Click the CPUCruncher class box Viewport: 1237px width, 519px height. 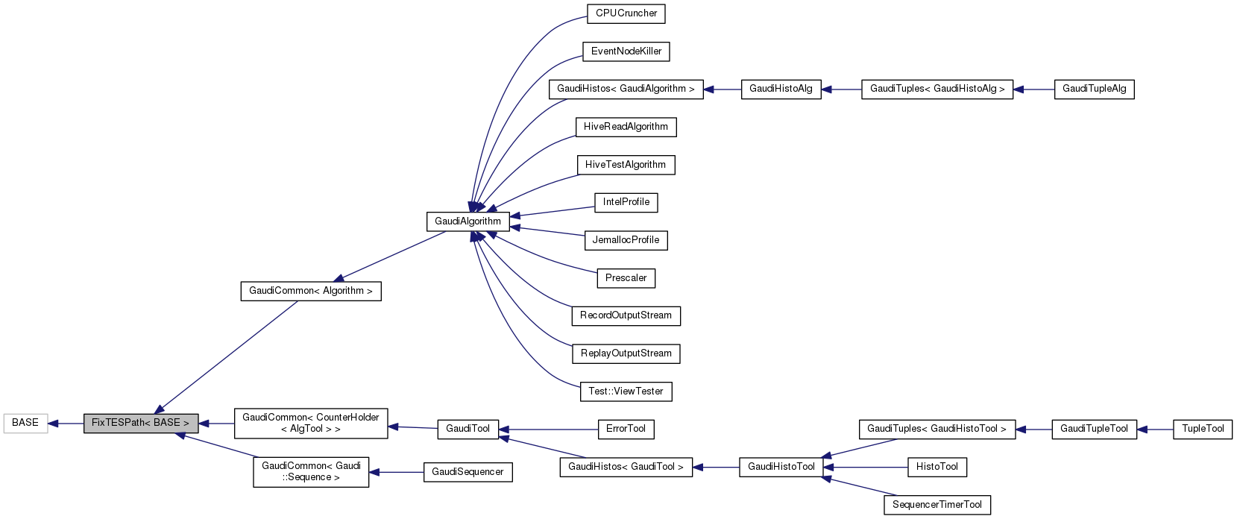[626, 13]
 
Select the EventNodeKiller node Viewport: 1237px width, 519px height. [626, 51]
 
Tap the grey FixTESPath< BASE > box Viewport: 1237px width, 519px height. [140, 423]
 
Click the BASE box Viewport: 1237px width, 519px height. [25, 423]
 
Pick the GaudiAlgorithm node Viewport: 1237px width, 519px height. [468, 221]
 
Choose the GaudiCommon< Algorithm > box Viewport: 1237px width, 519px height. [310, 291]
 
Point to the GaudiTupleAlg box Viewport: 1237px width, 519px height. [1094, 89]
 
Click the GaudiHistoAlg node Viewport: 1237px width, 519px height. [781, 89]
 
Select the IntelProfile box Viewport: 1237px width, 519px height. [626, 202]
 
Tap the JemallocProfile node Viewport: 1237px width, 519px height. [626, 240]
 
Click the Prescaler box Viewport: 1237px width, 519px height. [626, 278]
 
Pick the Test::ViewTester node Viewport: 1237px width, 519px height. [626, 391]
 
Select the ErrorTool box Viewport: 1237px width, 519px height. [626, 429]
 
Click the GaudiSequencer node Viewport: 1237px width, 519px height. [468, 472]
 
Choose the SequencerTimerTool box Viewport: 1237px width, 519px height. [937, 505]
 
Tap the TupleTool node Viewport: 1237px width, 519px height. [1203, 429]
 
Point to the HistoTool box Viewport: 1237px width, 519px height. [937, 467]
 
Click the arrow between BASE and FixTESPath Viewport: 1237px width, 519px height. [66, 424]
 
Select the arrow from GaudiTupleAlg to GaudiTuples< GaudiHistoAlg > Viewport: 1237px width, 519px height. [1033, 89]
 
